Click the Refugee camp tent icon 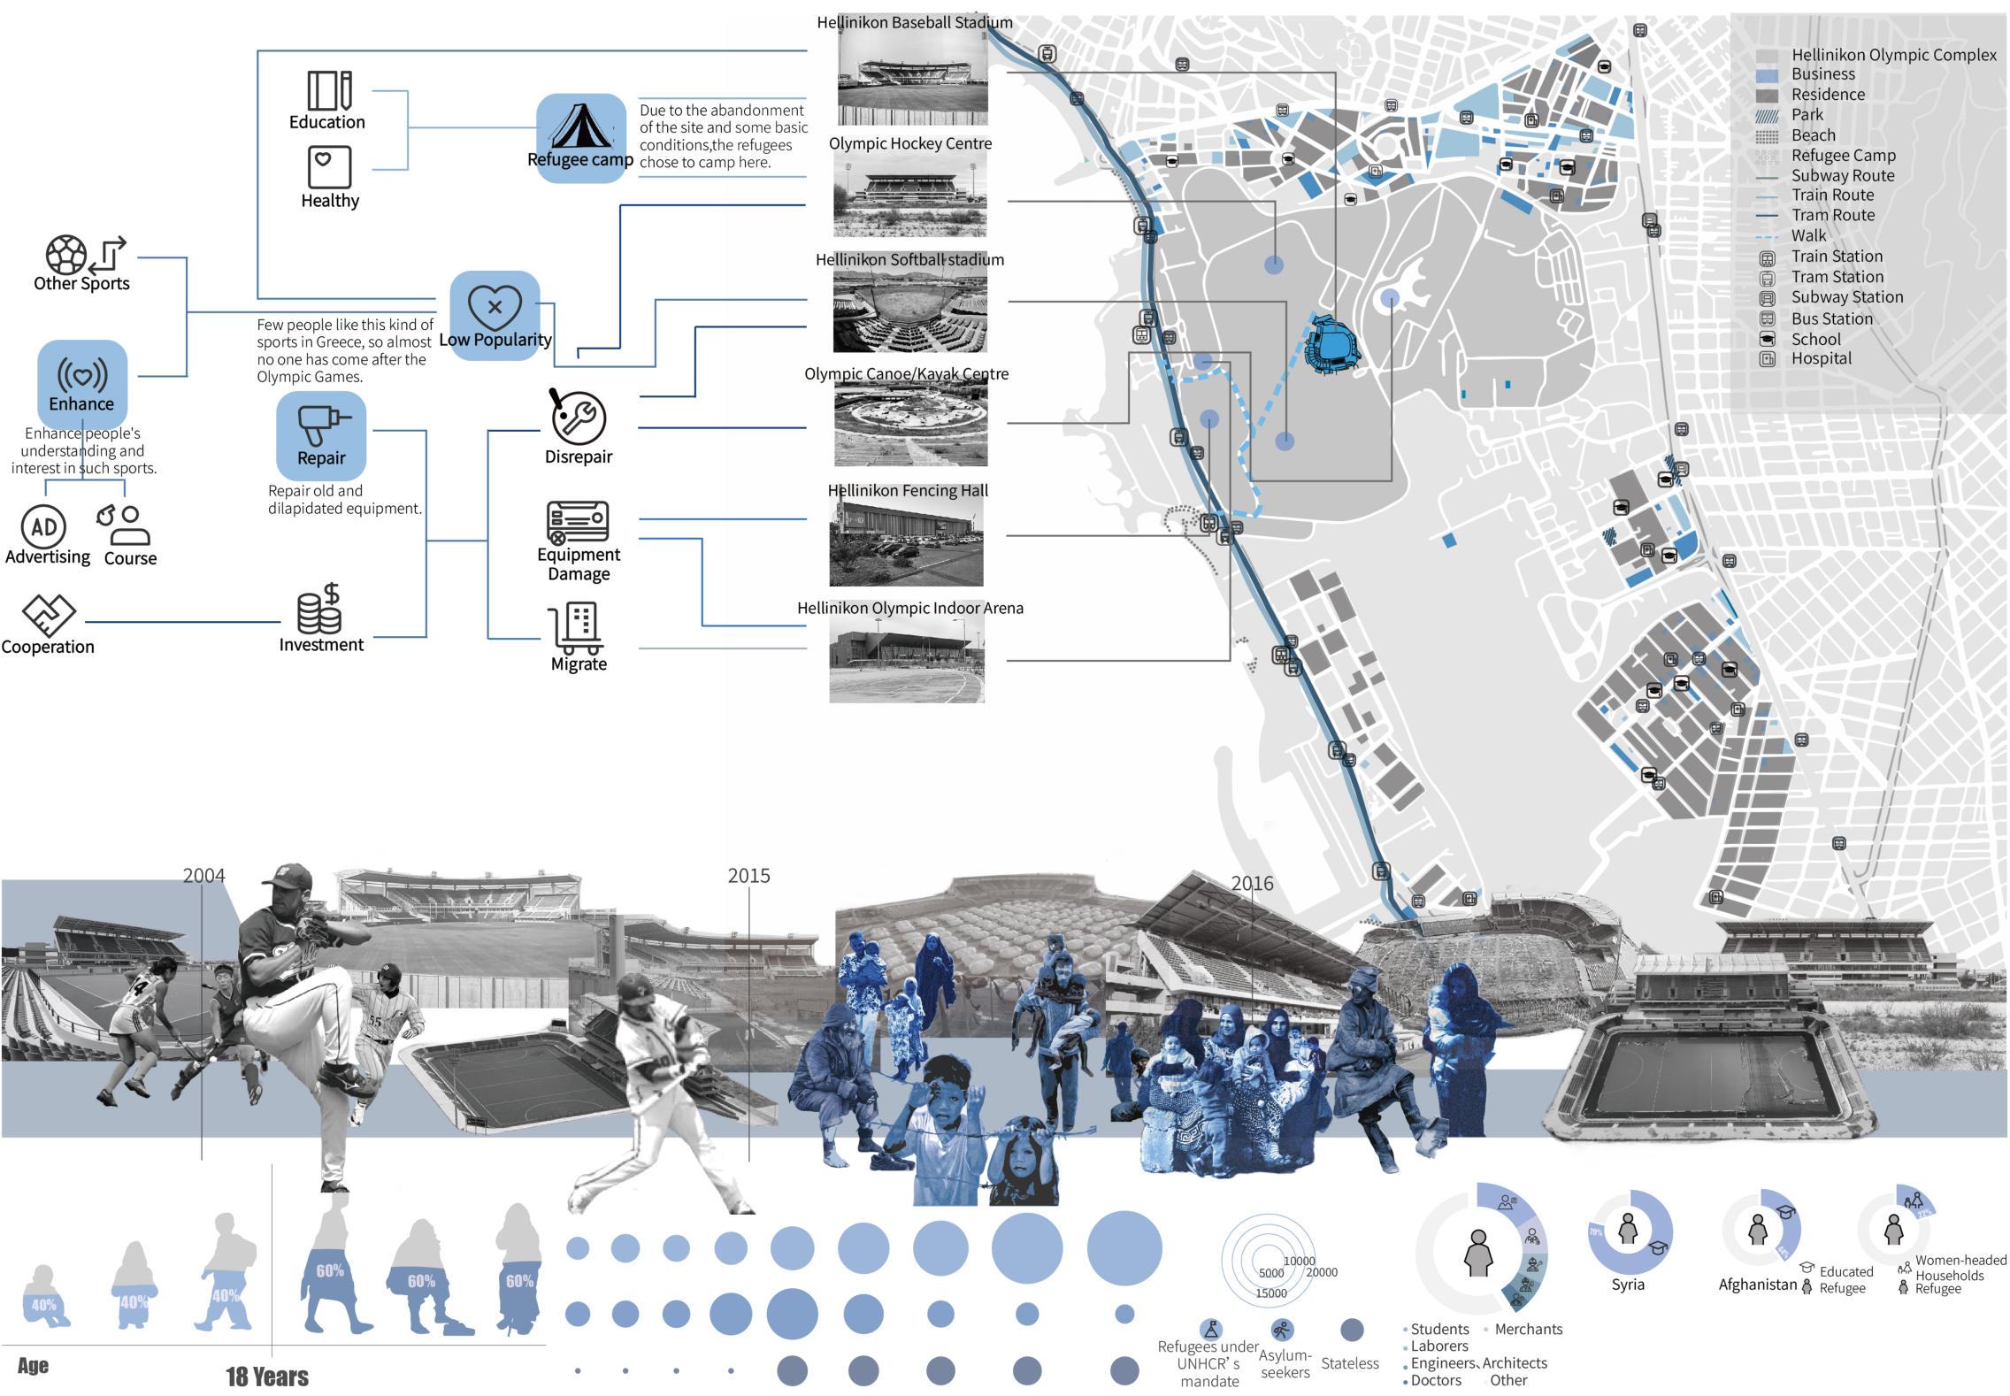581,127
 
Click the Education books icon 329,90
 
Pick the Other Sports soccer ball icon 66,255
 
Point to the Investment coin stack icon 320,609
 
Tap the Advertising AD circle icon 44,527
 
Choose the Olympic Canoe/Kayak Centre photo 910,424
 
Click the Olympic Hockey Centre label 910,143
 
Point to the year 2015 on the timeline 748,876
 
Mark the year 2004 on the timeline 203,876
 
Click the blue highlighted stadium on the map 1332,344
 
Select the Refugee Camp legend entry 1843,156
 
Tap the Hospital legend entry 1821,358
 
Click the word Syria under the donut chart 1627,1285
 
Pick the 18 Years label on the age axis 267,1377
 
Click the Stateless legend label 1349,1363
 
